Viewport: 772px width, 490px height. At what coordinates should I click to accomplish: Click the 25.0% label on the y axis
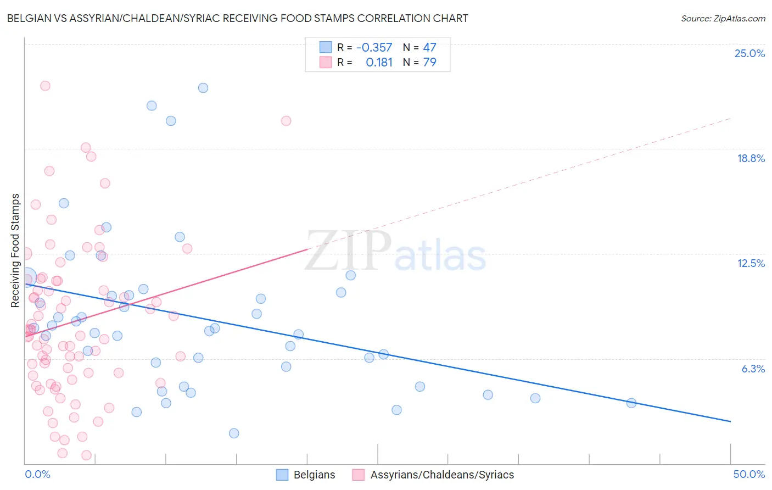tap(749, 53)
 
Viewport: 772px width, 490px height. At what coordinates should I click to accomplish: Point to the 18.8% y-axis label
tap(751, 158)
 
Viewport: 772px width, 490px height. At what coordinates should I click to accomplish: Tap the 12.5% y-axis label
tap(751, 263)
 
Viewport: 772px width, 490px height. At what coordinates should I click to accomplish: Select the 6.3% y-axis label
tap(753, 369)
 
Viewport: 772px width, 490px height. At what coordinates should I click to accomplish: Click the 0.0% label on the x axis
tap(37, 474)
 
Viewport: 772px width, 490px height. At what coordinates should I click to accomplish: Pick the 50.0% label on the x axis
tap(749, 474)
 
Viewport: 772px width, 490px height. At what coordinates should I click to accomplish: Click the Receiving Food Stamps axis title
tap(15, 250)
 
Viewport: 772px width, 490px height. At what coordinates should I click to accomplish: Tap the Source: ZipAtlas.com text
tap(723, 19)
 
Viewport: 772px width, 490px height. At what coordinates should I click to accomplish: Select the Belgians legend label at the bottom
tap(314, 475)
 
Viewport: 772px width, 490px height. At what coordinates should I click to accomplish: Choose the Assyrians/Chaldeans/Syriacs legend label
tap(442, 475)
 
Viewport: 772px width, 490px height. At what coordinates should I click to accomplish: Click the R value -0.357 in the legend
tap(374, 48)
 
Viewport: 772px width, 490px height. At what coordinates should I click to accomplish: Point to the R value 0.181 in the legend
tap(379, 63)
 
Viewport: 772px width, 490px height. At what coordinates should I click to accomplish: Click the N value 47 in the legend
tap(429, 48)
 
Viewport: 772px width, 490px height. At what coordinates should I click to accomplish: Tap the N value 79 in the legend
tap(429, 63)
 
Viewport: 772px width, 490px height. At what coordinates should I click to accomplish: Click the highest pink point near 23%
tap(45, 86)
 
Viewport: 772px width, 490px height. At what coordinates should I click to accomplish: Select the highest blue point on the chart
tap(203, 88)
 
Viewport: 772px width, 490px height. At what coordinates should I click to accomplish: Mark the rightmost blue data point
tap(631, 403)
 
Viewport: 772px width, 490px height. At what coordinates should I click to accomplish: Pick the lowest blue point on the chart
tap(234, 433)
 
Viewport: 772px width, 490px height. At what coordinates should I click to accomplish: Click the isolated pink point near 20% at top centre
tap(286, 121)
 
